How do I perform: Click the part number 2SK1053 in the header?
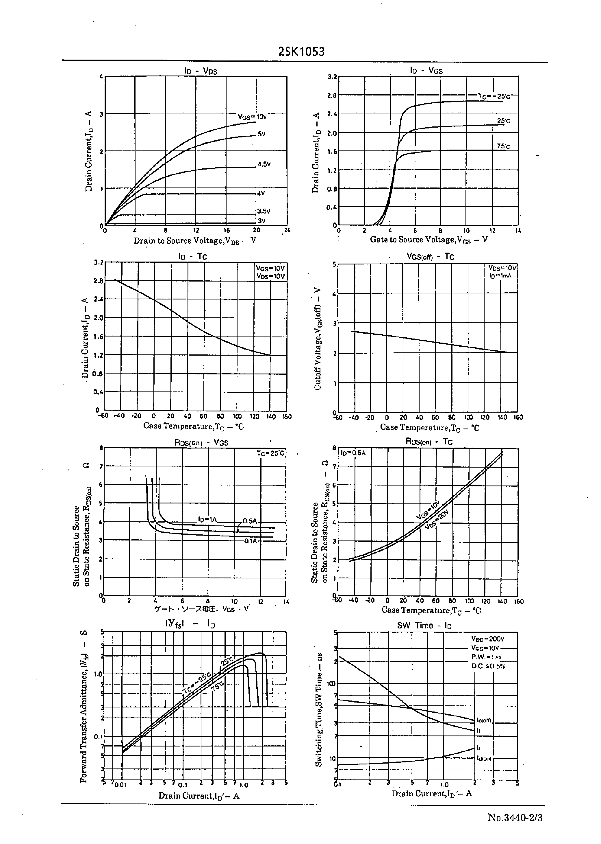pyautogui.click(x=301, y=52)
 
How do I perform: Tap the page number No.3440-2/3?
pyautogui.click(x=515, y=817)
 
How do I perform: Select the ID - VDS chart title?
pyautogui.click(x=201, y=71)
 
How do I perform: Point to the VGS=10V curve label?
pyautogui.click(x=252, y=117)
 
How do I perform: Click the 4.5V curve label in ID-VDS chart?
pyautogui.click(x=264, y=164)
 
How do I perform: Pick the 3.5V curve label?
pyautogui.click(x=264, y=211)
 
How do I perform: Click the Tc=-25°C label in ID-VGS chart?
pyautogui.click(x=494, y=96)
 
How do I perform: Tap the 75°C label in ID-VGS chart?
pyautogui.click(x=503, y=146)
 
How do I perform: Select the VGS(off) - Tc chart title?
pyautogui.click(x=430, y=256)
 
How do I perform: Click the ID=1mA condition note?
pyautogui.click(x=500, y=276)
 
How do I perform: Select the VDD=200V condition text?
pyautogui.click(x=488, y=639)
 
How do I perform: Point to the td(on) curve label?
pyautogui.click(x=484, y=758)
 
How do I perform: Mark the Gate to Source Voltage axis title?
pyautogui.click(x=429, y=240)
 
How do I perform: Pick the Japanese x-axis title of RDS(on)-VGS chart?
pyautogui.click(x=202, y=609)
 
